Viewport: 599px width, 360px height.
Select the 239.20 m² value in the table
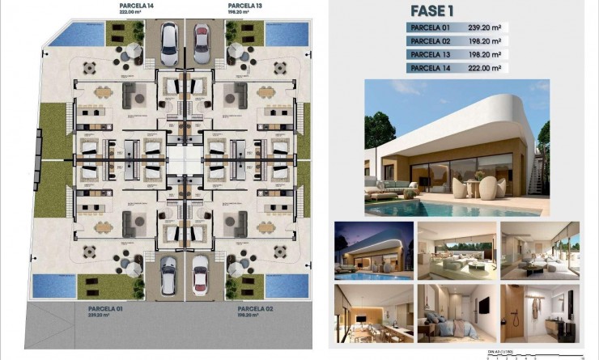point(484,28)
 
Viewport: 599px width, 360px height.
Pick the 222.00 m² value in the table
point(484,68)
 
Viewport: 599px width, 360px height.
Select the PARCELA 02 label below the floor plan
point(255,308)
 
